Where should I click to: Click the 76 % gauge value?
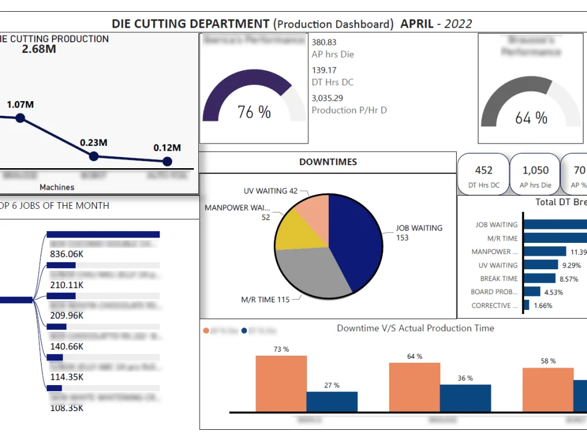pyautogui.click(x=254, y=112)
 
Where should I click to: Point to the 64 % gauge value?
pyautogui.click(x=531, y=118)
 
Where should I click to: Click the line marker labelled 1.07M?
pyautogui.click(x=21, y=118)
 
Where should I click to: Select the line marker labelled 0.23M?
pyautogui.click(x=93, y=156)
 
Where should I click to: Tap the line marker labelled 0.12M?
pyautogui.click(x=167, y=161)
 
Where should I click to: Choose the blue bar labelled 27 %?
pyautogui.click(x=332, y=402)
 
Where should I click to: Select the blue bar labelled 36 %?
pyautogui.click(x=465, y=398)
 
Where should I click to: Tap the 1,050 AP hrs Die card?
pyautogui.click(x=535, y=175)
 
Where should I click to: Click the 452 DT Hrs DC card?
pyautogui.click(x=484, y=175)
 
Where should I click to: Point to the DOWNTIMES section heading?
pyautogui.click(x=328, y=162)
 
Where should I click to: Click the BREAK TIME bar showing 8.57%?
pyautogui.click(x=539, y=279)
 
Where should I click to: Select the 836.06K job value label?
pyautogui.click(x=67, y=254)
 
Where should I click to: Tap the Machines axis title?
pyautogui.click(x=57, y=187)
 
